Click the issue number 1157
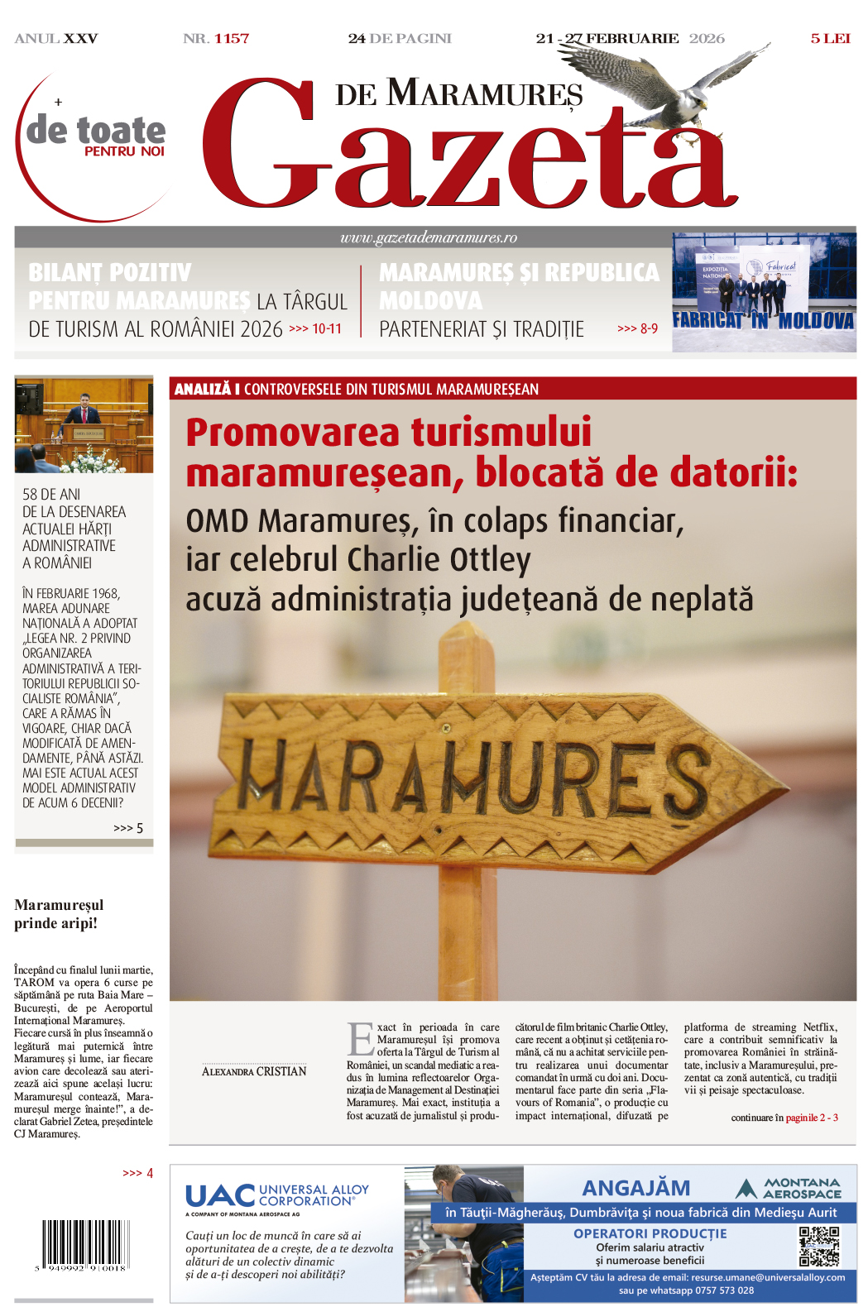232,38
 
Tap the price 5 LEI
830,38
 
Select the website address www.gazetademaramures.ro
429,237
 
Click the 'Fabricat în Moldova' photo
763,292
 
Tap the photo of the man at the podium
84,424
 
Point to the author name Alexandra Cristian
254,1071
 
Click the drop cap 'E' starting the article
361,1039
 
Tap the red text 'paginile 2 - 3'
812,1118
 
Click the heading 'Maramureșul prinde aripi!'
59,914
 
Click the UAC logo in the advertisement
221,1195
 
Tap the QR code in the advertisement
819,1246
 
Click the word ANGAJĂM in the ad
635,1188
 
